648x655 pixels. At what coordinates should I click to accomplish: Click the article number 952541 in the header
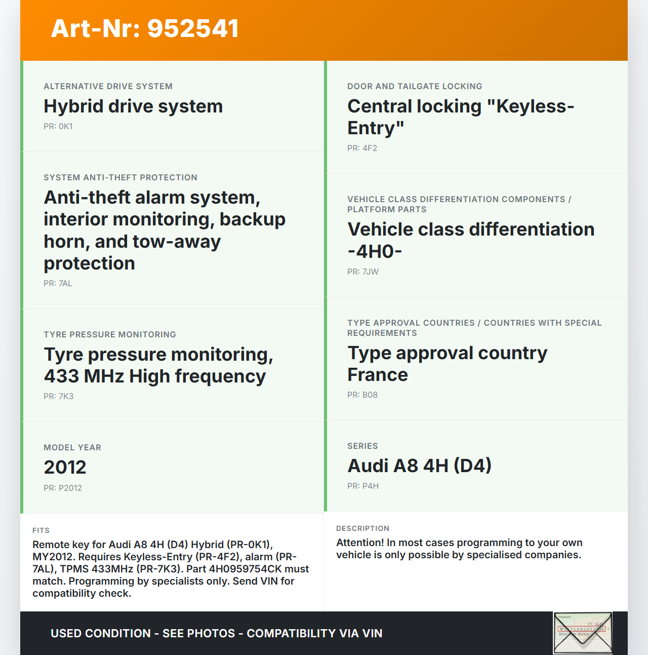pyautogui.click(x=193, y=28)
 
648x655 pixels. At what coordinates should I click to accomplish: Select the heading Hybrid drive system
pyautogui.click(x=133, y=106)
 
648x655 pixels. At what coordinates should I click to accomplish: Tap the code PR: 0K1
pyautogui.click(x=58, y=127)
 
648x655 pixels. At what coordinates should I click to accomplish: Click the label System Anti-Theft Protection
pyautogui.click(x=120, y=177)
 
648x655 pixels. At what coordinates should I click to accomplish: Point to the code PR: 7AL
pyautogui.click(x=58, y=284)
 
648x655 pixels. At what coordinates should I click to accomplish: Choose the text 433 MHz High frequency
pyautogui.click(x=154, y=376)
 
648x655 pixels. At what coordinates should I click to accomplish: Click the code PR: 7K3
pyautogui.click(x=59, y=397)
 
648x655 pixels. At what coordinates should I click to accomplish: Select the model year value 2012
pyautogui.click(x=65, y=467)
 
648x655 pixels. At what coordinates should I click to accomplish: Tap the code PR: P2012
pyautogui.click(x=63, y=488)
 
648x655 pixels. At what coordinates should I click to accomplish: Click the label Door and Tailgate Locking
pyautogui.click(x=415, y=86)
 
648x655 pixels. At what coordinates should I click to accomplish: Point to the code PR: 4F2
pyautogui.click(x=362, y=148)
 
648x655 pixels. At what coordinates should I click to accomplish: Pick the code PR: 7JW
pyautogui.click(x=363, y=272)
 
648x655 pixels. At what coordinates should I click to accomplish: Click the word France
pyautogui.click(x=378, y=375)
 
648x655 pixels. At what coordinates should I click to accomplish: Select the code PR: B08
pyautogui.click(x=362, y=395)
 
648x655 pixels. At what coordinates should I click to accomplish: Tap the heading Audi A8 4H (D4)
pyautogui.click(x=419, y=466)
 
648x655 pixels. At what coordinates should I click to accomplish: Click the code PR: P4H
pyautogui.click(x=363, y=486)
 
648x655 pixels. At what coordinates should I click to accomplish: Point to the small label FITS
pyautogui.click(x=41, y=530)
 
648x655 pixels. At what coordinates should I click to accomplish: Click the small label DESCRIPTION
pyautogui.click(x=363, y=528)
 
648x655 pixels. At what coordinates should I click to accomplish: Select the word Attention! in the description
pyautogui.click(x=359, y=543)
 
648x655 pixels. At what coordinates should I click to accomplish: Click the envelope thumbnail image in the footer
pyautogui.click(x=583, y=633)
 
